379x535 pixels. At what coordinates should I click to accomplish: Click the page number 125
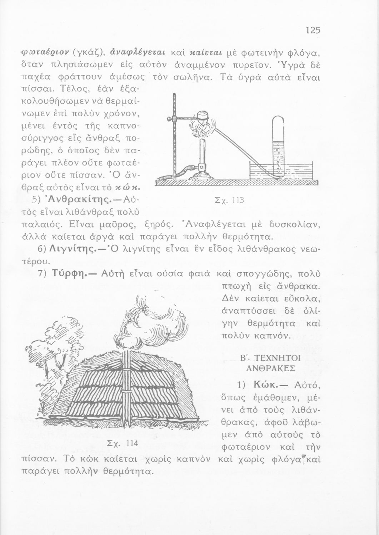pyautogui.click(x=313, y=30)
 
